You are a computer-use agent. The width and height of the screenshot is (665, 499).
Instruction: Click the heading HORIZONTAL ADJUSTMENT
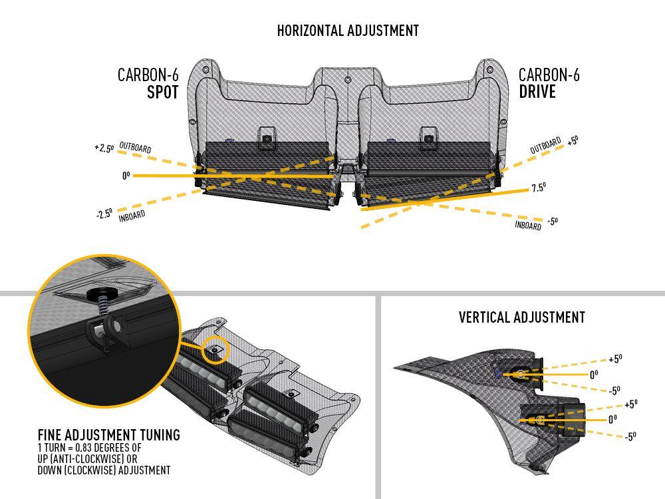348,31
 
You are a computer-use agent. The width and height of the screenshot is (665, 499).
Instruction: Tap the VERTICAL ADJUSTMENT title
521,317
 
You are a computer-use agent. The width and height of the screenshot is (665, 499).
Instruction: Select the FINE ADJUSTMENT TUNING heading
108,435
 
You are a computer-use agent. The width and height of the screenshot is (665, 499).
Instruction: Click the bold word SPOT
162,92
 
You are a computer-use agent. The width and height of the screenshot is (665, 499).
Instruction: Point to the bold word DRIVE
537,92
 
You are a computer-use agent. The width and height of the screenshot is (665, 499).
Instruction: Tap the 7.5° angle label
538,188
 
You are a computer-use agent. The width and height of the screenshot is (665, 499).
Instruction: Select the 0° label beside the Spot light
125,176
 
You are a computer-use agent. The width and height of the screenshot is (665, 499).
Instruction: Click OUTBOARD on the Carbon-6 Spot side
135,147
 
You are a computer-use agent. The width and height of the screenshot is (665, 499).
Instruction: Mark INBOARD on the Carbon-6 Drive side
528,225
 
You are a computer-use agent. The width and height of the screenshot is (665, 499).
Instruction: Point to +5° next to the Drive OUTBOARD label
573,140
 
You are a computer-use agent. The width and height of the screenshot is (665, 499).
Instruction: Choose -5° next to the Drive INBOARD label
551,221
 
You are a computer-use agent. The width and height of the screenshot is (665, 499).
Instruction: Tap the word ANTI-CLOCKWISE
90,459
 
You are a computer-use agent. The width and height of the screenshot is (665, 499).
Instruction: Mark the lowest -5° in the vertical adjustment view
629,436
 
